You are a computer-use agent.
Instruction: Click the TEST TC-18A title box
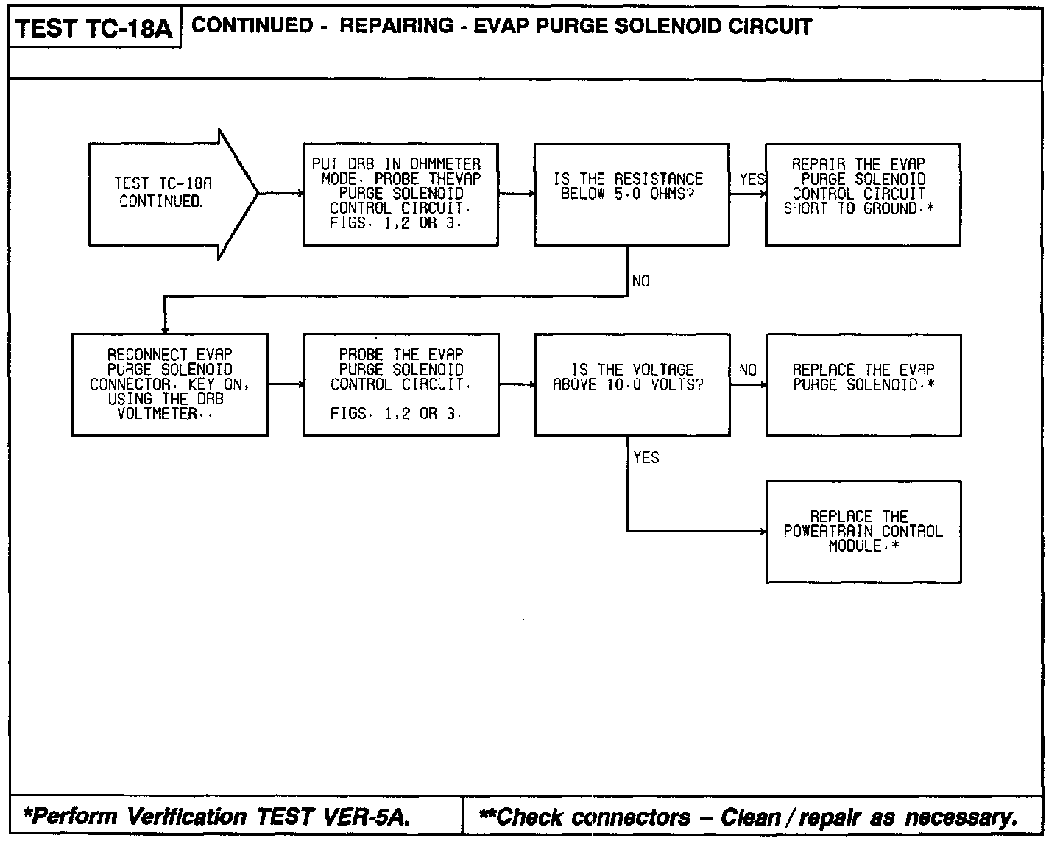(94, 29)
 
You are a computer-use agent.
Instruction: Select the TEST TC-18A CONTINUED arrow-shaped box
(166, 194)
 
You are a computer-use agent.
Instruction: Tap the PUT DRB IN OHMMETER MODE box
(400, 194)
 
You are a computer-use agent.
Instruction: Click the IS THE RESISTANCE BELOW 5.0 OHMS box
(632, 194)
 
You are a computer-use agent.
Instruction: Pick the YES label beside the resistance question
(751, 180)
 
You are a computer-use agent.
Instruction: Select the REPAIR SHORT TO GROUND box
(863, 194)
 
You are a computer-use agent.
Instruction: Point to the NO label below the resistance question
(640, 281)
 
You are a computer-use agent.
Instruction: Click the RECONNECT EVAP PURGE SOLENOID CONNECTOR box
(169, 384)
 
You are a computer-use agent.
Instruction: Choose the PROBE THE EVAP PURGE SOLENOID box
(400, 384)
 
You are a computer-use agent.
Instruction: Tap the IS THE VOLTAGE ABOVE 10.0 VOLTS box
(632, 384)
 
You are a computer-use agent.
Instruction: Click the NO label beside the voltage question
(747, 370)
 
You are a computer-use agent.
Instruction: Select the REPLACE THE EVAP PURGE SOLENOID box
(863, 384)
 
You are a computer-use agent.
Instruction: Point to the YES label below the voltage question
(646, 458)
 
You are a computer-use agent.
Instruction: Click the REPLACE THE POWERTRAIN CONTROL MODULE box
(863, 532)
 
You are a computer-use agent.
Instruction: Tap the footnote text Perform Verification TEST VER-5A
(216, 817)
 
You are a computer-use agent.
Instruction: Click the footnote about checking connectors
(747, 817)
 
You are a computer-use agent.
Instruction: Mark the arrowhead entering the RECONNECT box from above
(165, 329)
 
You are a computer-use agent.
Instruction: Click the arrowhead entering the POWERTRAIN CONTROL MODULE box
(762, 531)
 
